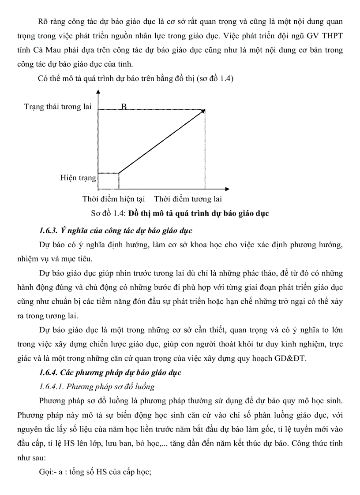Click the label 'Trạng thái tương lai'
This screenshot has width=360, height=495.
58,107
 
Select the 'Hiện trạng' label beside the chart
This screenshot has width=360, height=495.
78,178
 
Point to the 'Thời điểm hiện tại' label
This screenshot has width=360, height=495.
113,199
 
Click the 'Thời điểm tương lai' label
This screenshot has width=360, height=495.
188,199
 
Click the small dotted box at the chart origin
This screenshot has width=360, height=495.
109,180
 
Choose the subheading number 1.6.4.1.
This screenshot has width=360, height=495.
54,387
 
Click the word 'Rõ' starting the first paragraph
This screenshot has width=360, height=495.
44,22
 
